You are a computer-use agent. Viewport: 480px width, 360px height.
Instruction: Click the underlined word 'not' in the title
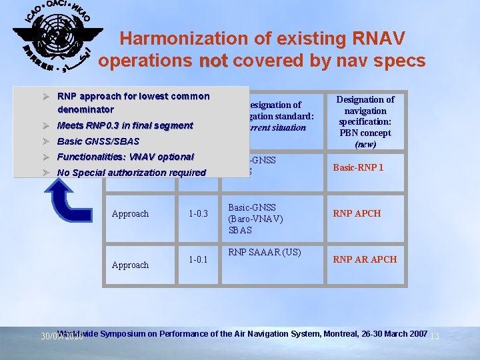point(213,61)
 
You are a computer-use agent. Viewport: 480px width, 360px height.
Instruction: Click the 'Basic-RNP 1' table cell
point(358,167)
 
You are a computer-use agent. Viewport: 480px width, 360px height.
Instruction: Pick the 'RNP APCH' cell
point(357,213)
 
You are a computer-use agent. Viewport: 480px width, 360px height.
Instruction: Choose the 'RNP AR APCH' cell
point(365,259)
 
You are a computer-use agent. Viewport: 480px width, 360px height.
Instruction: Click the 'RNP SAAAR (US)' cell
point(265,252)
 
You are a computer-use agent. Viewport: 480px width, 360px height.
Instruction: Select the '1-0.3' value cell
point(199,213)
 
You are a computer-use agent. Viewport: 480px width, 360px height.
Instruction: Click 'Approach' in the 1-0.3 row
point(130,213)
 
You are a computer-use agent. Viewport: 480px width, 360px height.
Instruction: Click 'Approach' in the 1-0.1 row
point(130,265)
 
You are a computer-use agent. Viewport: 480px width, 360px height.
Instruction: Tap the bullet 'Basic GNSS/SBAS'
point(98,141)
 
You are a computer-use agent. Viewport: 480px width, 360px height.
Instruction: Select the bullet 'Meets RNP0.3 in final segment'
point(125,125)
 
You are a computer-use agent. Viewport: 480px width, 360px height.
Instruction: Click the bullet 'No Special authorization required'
point(131,173)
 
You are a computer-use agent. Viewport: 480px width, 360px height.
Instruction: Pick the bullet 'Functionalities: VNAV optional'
point(125,157)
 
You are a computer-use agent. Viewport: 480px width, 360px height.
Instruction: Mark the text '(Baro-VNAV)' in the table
point(255,219)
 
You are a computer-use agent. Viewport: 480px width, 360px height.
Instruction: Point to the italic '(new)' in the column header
point(365,144)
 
